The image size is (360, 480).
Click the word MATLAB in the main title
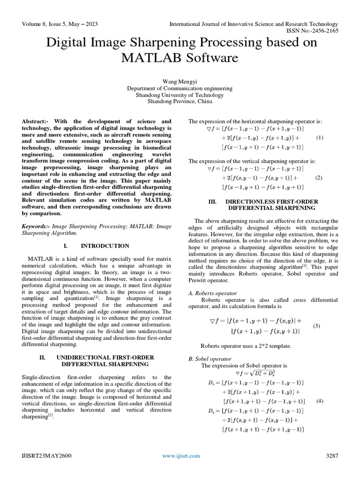149,58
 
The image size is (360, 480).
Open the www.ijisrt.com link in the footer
180,456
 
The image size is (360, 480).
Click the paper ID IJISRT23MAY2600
47,455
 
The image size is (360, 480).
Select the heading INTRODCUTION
105,246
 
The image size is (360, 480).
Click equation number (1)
320,138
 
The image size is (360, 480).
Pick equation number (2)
319,178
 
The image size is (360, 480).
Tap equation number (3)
316,326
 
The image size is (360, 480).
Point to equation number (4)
320,401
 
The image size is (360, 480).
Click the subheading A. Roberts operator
212,293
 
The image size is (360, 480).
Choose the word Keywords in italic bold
36,225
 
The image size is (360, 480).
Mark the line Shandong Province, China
180,101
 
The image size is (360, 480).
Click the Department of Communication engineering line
180,88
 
